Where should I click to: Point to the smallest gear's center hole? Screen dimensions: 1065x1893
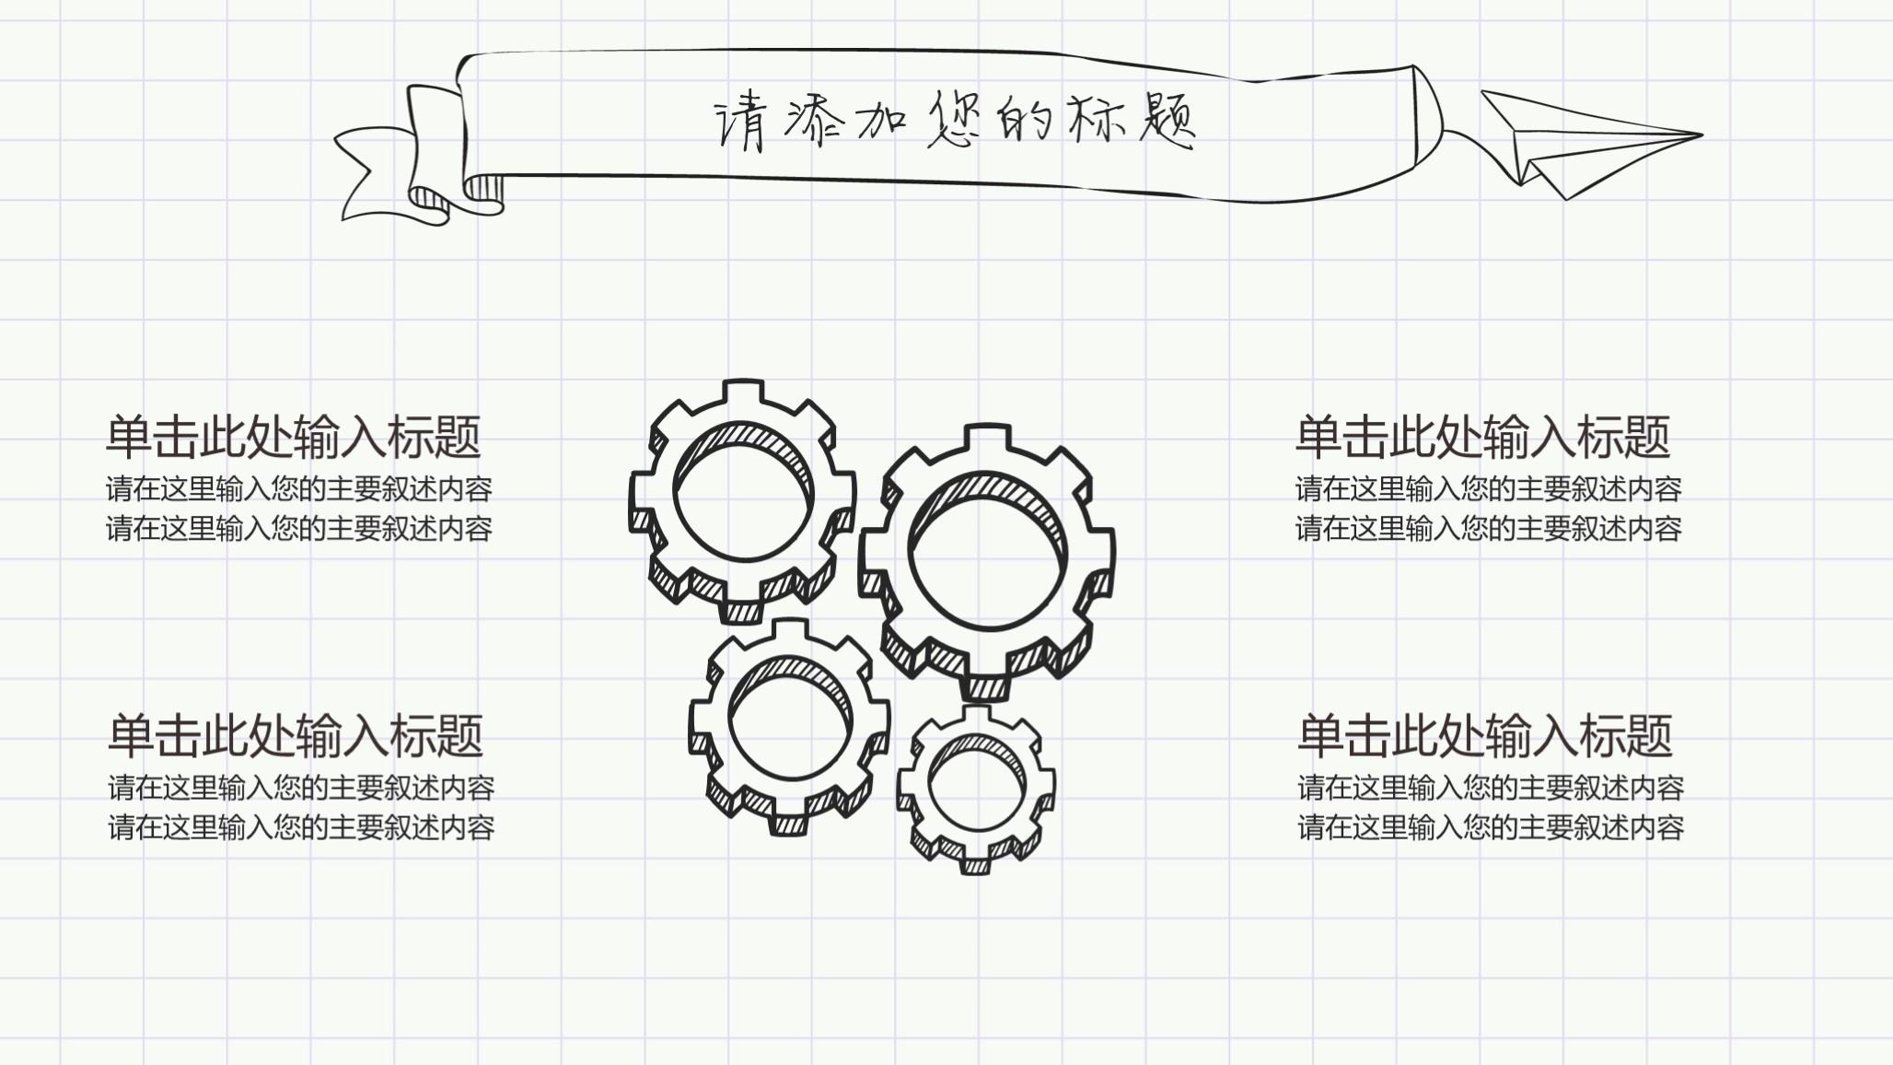[x=977, y=788]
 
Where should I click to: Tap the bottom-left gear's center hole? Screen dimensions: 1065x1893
[x=790, y=728]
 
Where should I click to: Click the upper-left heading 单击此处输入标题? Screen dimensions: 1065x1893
[x=294, y=437]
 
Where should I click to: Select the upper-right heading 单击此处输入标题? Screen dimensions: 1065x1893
[x=1482, y=437]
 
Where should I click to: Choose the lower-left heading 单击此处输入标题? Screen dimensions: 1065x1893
[x=296, y=735]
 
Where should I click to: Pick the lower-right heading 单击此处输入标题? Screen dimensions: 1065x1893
[x=1484, y=735]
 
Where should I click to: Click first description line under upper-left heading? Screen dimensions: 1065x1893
[x=299, y=488]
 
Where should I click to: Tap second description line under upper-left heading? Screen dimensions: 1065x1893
[x=299, y=529]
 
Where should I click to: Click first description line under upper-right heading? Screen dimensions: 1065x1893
[x=1489, y=488]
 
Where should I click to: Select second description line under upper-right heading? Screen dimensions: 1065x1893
[x=1489, y=529]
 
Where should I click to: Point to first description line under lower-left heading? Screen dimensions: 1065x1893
[x=301, y=788]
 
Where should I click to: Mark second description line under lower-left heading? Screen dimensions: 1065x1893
[x=301, y=827]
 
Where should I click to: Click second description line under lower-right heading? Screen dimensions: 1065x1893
[x=1491, y=827]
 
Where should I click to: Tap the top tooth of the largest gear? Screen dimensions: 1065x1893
[x=987, y=439]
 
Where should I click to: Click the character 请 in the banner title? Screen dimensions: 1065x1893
[x=740, y=122]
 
